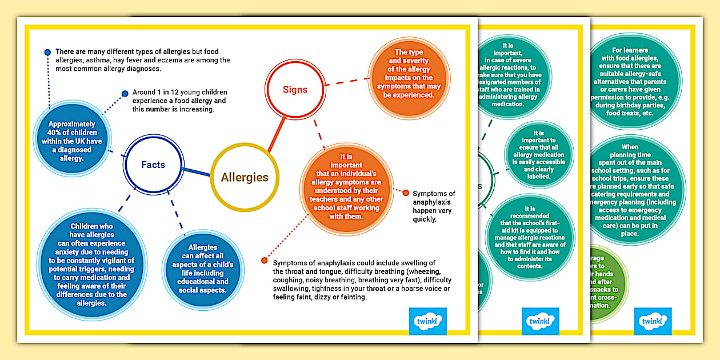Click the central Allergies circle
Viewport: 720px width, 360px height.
click(245, 177)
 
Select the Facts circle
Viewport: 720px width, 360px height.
click(153, 165)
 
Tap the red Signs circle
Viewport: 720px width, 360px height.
click(295, 90)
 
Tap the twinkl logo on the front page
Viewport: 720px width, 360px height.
click(428, 321)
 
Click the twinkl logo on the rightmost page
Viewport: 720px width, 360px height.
click(653, 321)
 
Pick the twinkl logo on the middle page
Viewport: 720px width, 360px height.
click(540, 321)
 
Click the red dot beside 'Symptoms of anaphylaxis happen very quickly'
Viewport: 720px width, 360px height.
click(406, 193)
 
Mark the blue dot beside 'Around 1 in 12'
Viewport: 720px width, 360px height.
click(125, 94)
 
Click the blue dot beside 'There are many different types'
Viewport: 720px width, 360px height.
click(48, 53)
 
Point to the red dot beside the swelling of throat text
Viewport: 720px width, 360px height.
click(264, 261)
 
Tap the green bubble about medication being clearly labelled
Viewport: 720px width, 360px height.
click(538, 155)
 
